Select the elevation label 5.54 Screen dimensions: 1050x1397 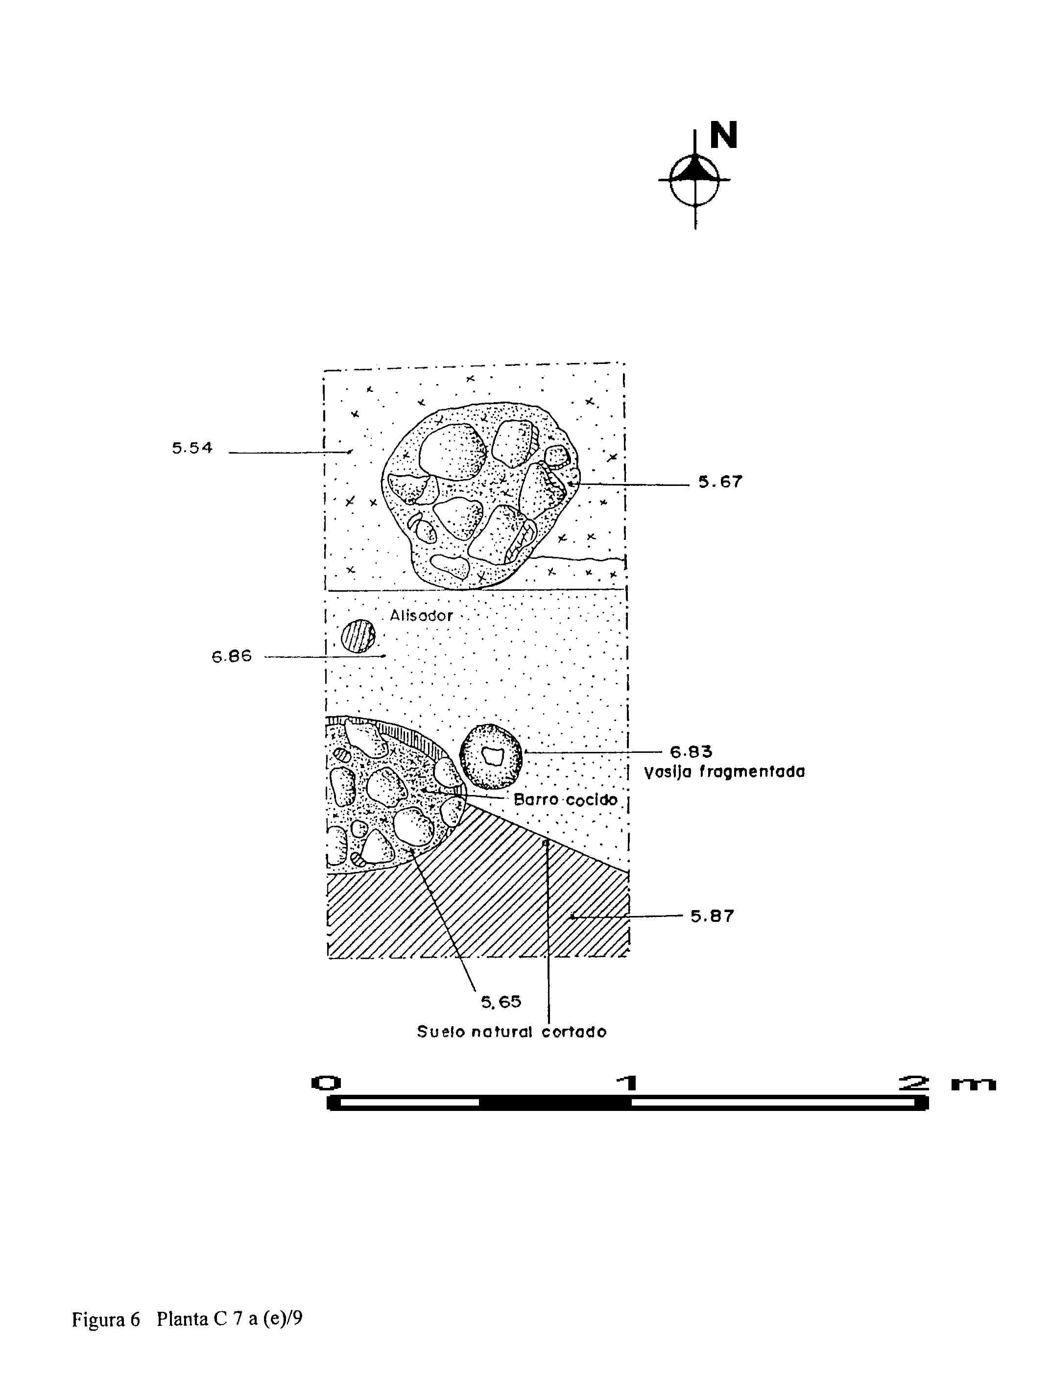pyautogui.click(x=192, y=448)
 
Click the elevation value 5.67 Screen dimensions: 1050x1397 pyautogui.click(x=720, y=482)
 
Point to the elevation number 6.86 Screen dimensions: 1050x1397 pyautogui.click(x=231, y=656)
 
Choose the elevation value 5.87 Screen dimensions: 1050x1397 pyautogui.click(x=712, y=916)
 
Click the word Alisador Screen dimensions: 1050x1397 pyautogui.click(x=421, y=616)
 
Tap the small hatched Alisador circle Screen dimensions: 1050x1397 pyautogui.click(x=358, y=635)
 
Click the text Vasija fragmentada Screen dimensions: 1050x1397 pyautogui.click(x=724, y=772)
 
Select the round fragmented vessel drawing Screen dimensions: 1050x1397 pyautogui.click(x=491, y=756)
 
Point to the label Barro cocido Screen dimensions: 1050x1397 pyautogui.click(x=565, y=799)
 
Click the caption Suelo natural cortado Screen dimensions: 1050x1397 pyautogui.click(x=511, y=1032)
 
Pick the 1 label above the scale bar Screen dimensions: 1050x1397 pyautogui.click(x=627, y=1083)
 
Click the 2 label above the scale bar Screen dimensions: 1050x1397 pyautogui.click(x=914, y=1083)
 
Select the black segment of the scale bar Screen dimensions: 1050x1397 pyautogui.click(x=555, y=1103)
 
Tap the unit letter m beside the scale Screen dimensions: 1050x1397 pyautogui.click(x=973, y=1084)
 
